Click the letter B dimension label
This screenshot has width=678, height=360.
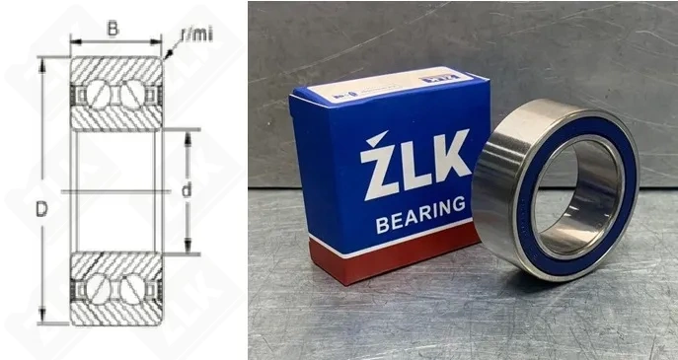(113, 30)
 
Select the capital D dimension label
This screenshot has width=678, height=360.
(40, 209)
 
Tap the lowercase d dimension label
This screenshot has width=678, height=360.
(187, 189)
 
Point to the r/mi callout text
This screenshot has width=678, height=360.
(196, 36)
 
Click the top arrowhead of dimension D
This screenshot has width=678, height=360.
(40, 62)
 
